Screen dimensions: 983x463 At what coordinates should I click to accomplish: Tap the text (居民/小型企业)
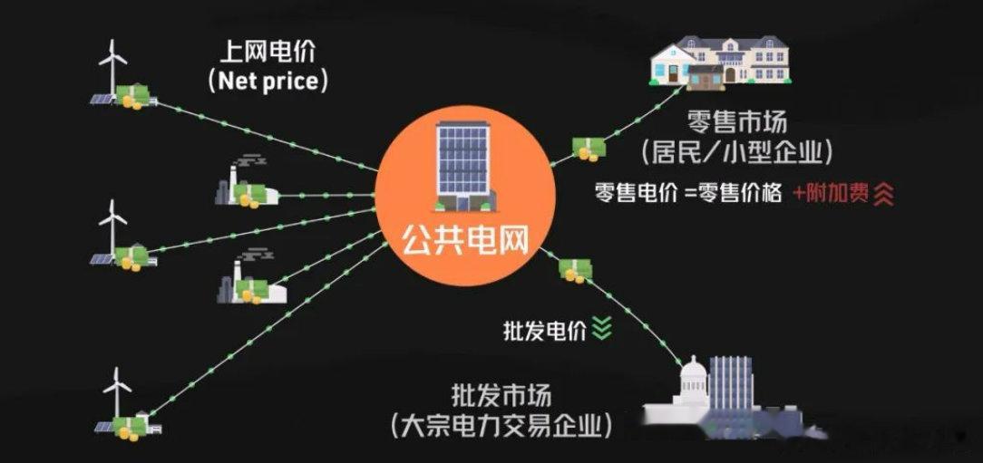pos(737,150)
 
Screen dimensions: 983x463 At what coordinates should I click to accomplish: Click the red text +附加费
pos(829,193)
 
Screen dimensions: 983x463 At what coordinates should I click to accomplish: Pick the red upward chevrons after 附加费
pos(883,194)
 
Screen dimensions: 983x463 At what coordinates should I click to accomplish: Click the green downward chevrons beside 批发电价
pos(602,329)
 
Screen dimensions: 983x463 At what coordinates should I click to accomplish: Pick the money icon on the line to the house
pos(588,149)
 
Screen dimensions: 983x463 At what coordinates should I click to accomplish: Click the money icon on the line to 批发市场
pos(574,269)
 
